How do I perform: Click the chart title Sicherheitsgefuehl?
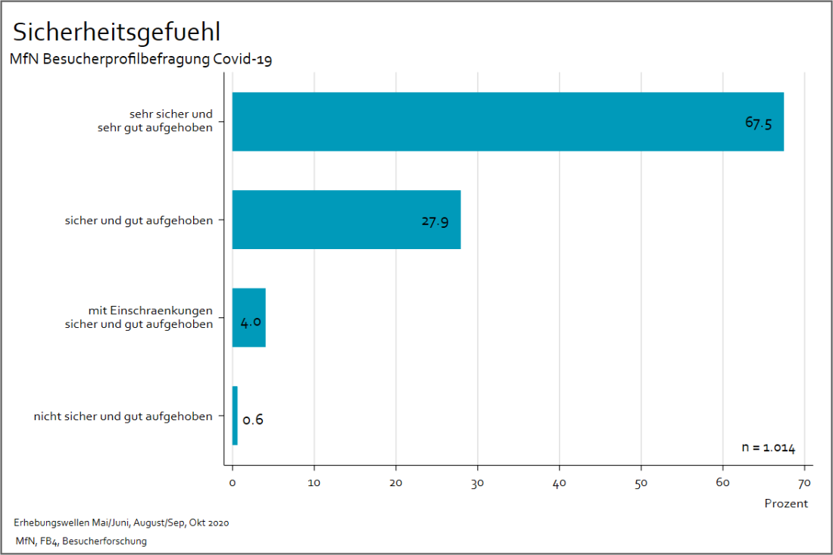coord(117,32)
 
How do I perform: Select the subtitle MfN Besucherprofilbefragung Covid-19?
coord(140,60)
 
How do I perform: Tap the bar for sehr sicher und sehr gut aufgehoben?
coord(507,122)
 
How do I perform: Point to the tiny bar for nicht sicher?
coord(235,416)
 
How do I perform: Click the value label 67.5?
coord(758,123)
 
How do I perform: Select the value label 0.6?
coord(253,419)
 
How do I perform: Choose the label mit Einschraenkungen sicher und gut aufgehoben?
coord(150,318)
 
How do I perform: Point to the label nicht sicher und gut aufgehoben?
coord(123,416)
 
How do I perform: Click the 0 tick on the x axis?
coord(232,482)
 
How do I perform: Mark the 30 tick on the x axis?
coord(477,482)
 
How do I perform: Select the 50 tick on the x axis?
coord(641,482)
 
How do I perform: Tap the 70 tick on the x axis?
coord(804,482)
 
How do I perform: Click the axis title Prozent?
coord(785,504)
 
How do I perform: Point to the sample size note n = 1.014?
coord(768,447)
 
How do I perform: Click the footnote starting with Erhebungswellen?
coord(121,523)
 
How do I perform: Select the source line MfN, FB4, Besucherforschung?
coord(81,541)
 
